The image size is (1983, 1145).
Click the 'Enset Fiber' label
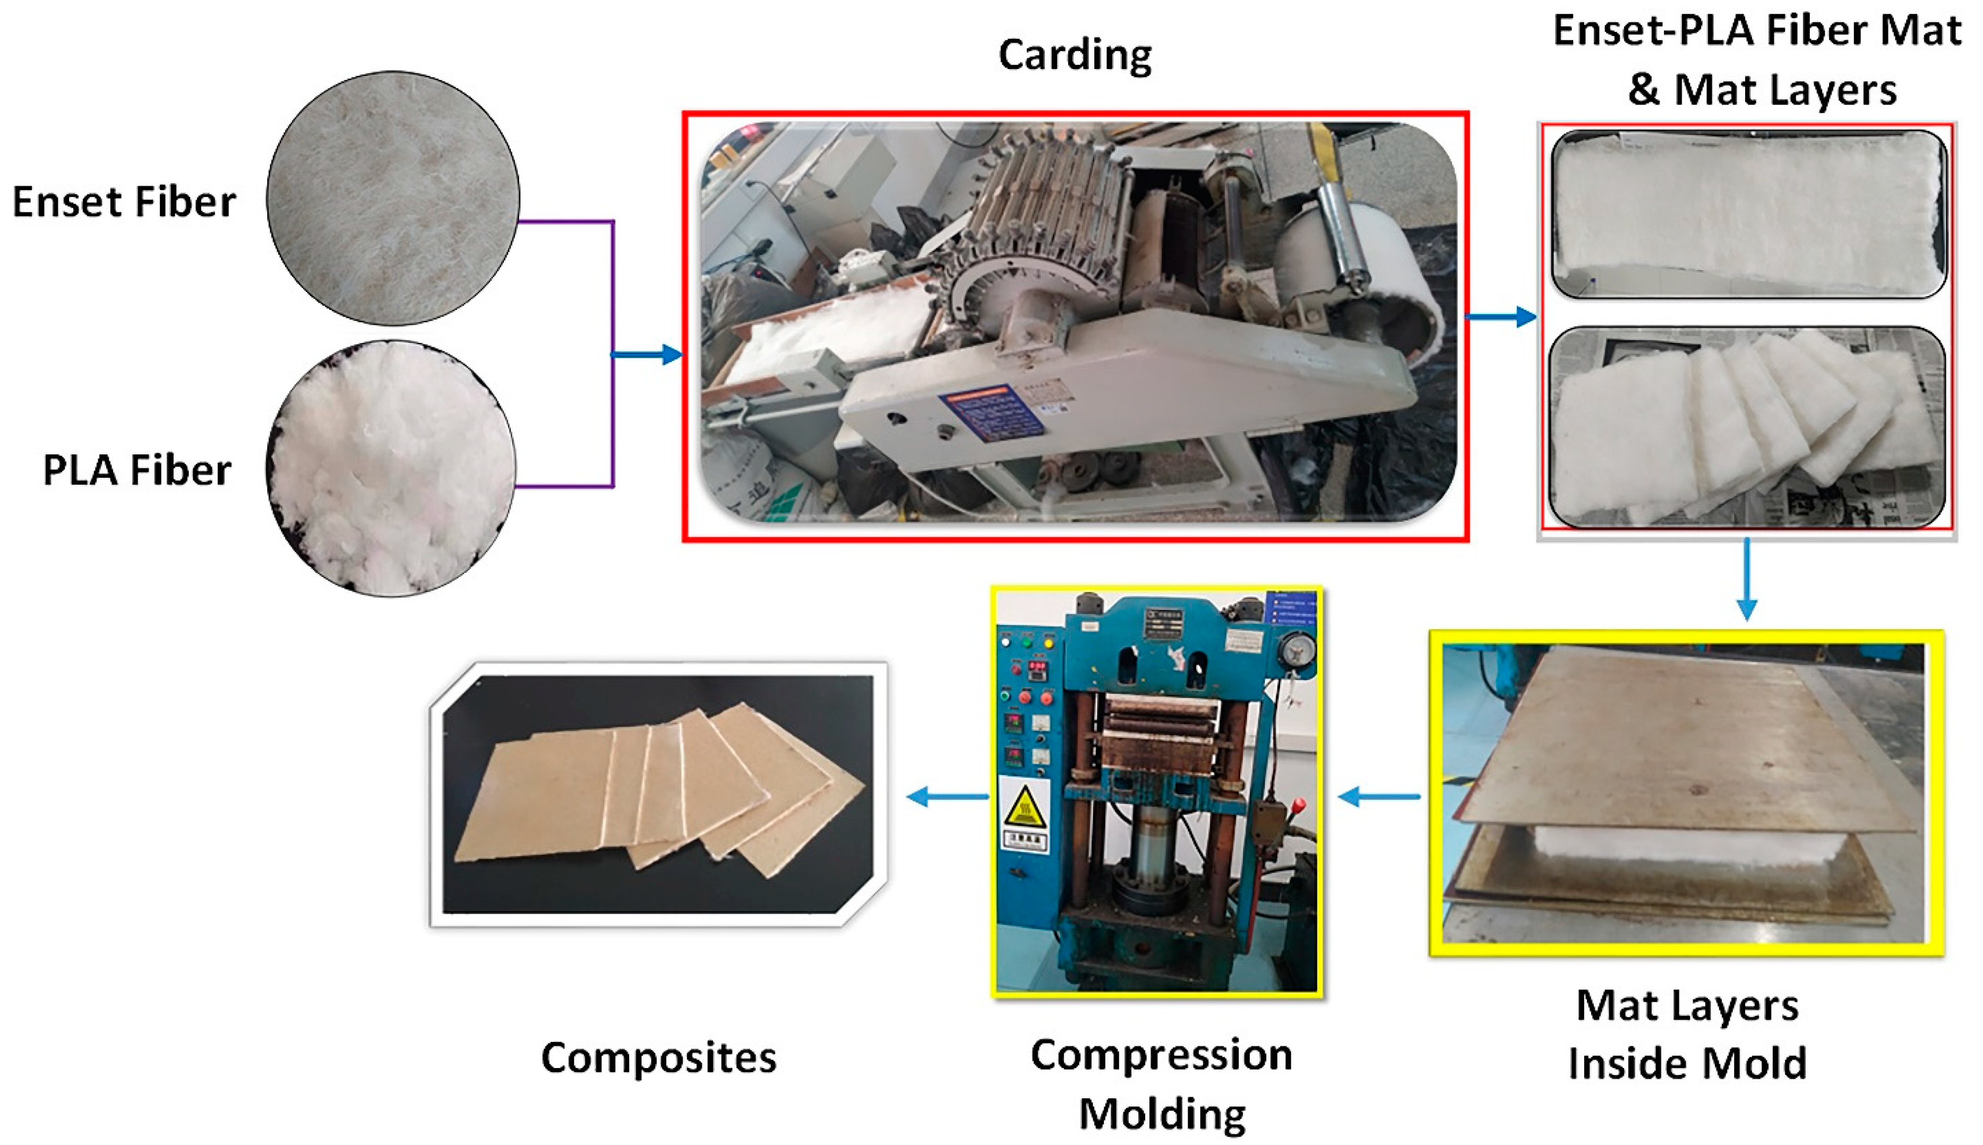click(x=124, y=202)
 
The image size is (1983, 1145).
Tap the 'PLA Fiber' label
click(x=137, y=470)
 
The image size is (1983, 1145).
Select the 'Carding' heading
click(x=1074, y=55)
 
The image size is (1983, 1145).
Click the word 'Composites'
click(x=658, y=1058)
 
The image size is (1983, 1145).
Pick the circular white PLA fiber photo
click(x=391, y=467)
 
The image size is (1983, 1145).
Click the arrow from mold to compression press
click(x=1379, y=797)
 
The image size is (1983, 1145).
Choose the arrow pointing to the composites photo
click(x=948, y=797)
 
